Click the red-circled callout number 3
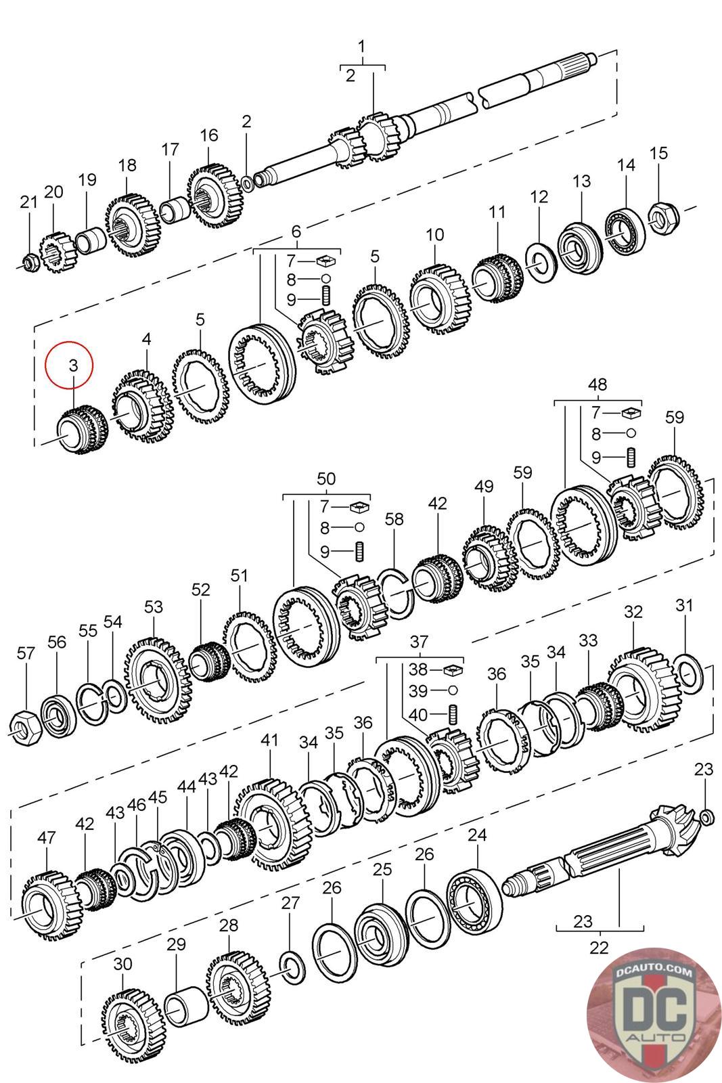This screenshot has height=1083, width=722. (73, 366)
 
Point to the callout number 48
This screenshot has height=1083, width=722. (597, 385)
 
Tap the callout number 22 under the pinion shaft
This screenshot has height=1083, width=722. (600, 946)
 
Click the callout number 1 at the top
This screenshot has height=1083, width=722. (362, 46)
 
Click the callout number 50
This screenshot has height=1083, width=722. (326, 479)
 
